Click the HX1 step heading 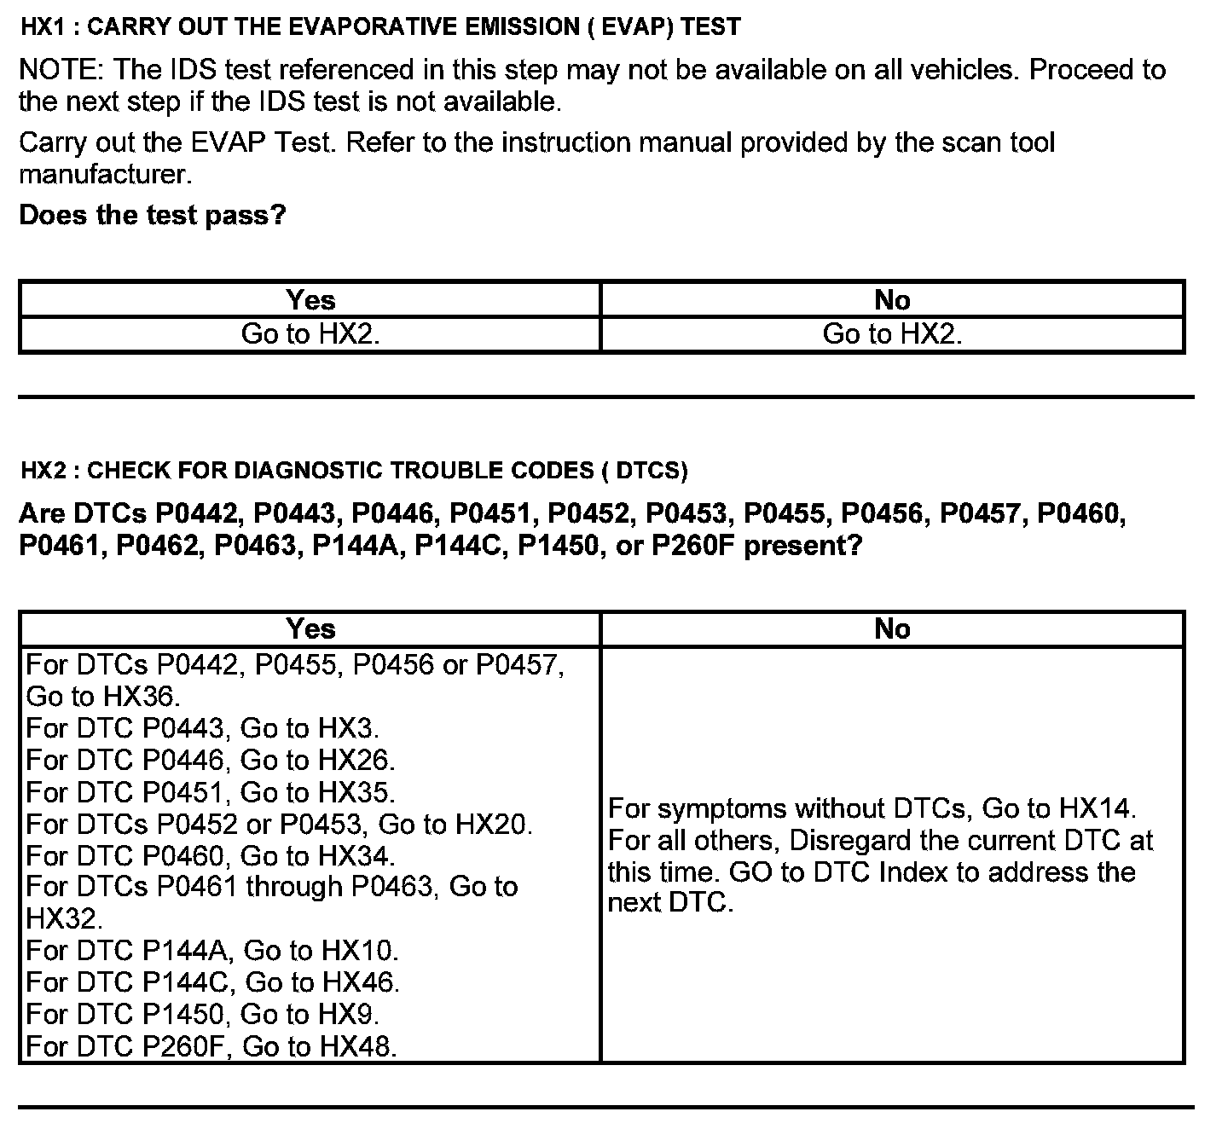[380, 27]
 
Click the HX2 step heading [353, 470]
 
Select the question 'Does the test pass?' [153, 215]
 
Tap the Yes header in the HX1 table [310, 300]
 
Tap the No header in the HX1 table [892, 300]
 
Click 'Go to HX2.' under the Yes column [310, 333]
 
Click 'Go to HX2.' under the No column [892, 333]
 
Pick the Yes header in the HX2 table [310, 628]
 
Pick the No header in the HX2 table [892, 628]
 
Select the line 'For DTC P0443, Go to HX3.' [203, 728]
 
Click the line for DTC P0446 [211, 760]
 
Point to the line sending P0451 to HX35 [211, 792]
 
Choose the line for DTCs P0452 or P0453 [280, 824]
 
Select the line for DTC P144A [212, 950]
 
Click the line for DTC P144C [213, 982]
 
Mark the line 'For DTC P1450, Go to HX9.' [203, 1014]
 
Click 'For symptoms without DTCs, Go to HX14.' [872, 808]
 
